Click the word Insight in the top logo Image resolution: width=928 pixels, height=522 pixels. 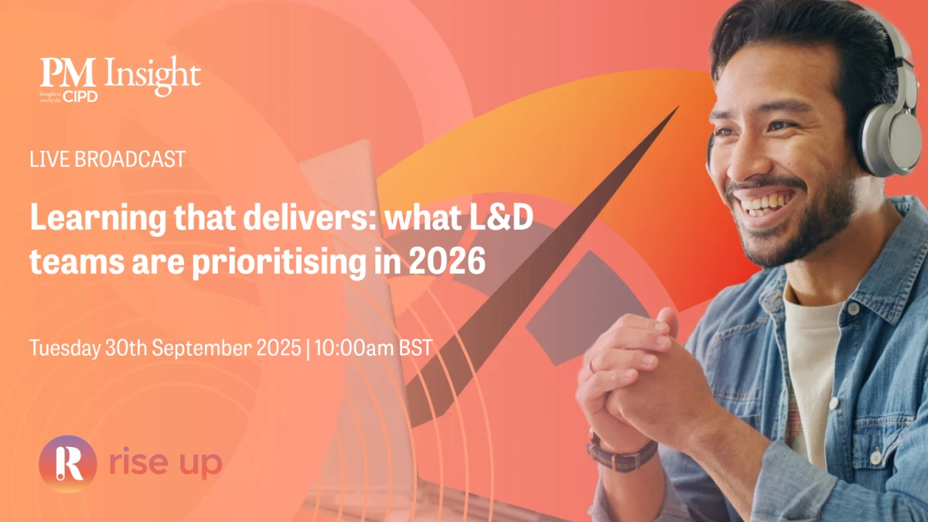pyautogui.click(x=152, y=76)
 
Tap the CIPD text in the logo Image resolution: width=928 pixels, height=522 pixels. pyautogui.click(x=80, y=97)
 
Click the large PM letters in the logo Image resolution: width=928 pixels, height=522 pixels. pyautogui.click(x=67, y=73)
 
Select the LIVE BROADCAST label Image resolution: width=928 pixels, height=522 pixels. pyautogui.click(x=107, y=159)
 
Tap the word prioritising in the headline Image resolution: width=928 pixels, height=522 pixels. pyautogui.click(x=279, y=263)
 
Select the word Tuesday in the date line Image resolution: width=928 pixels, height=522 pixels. pyautogui.click(x=65, y=348)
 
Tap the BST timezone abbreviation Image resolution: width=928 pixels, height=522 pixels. pyautogui.click(x=415, y=347)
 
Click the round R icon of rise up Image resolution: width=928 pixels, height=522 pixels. pyautogui.click(x=68, y=463)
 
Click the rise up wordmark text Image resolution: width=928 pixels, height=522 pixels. pyautogui.click(x=165, y=462)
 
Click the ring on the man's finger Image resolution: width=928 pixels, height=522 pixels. pyautogui.click(x=592, y=366)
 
